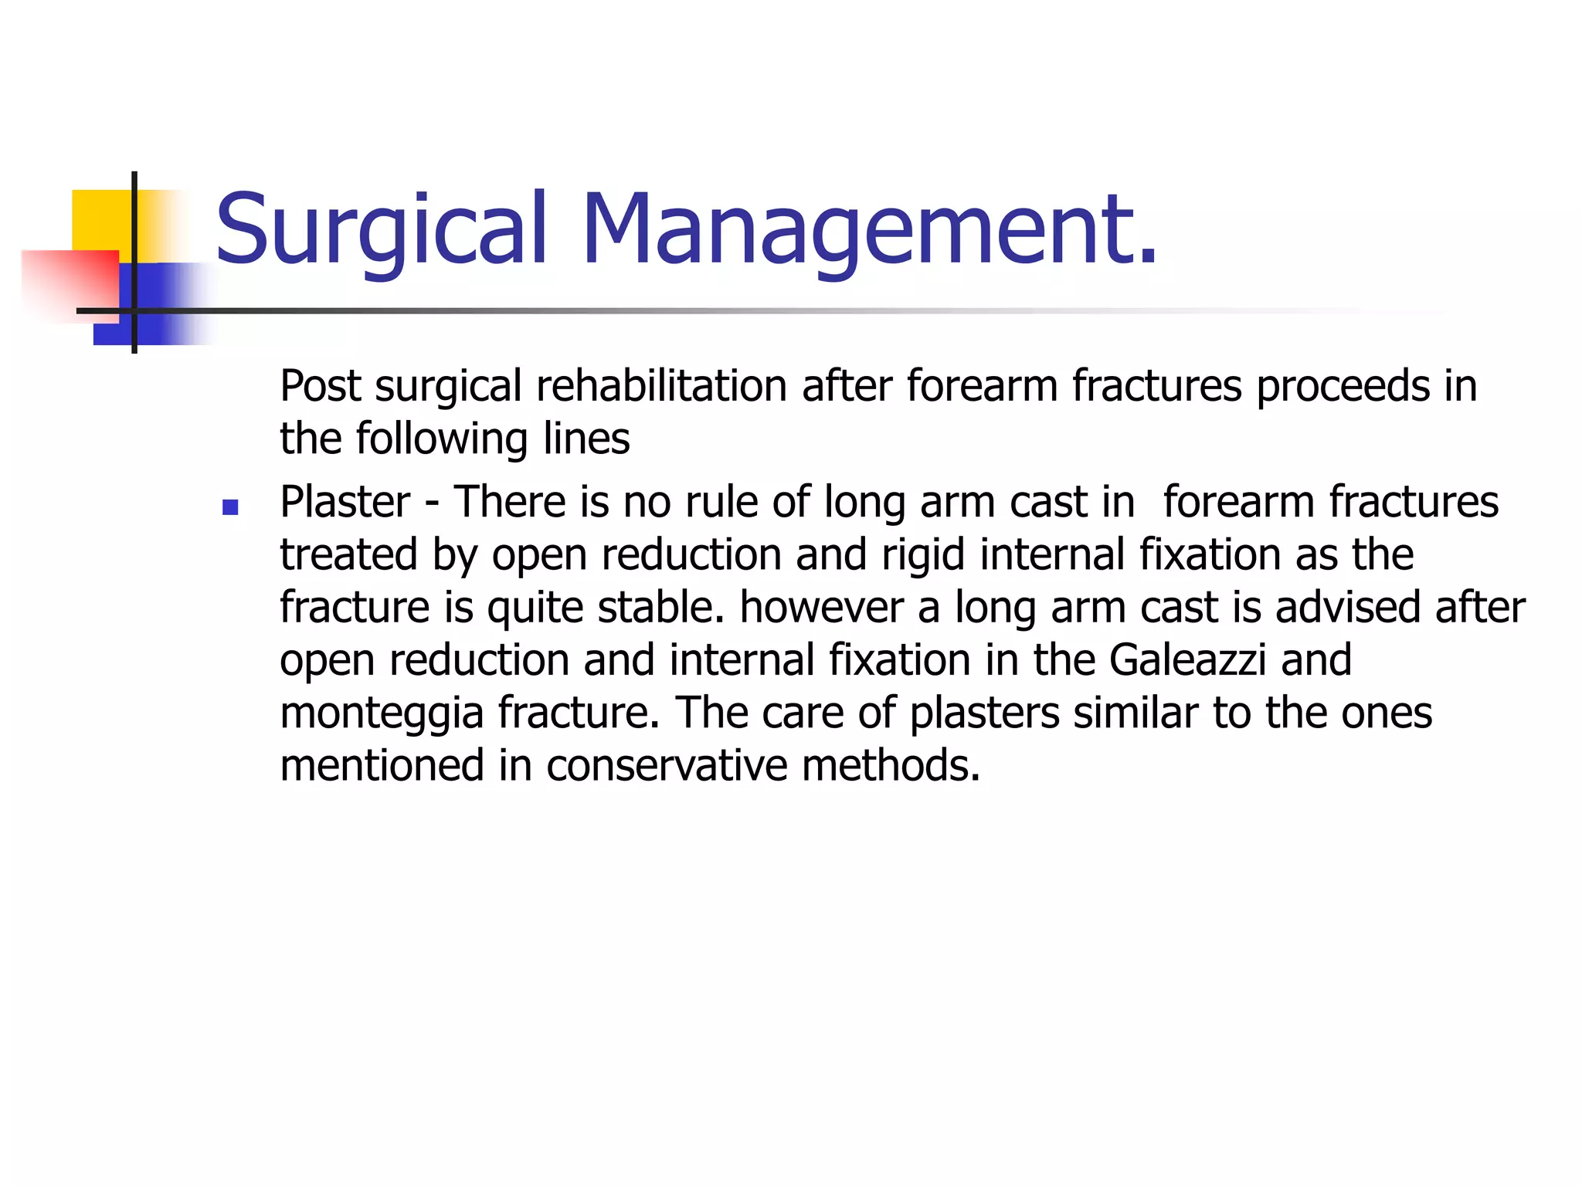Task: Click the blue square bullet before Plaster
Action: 229,507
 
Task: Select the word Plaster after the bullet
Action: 345,502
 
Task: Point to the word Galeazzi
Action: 1187,660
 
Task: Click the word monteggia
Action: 381,713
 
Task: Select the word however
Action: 821,607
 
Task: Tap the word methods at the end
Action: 891,766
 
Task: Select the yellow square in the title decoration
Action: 100,220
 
